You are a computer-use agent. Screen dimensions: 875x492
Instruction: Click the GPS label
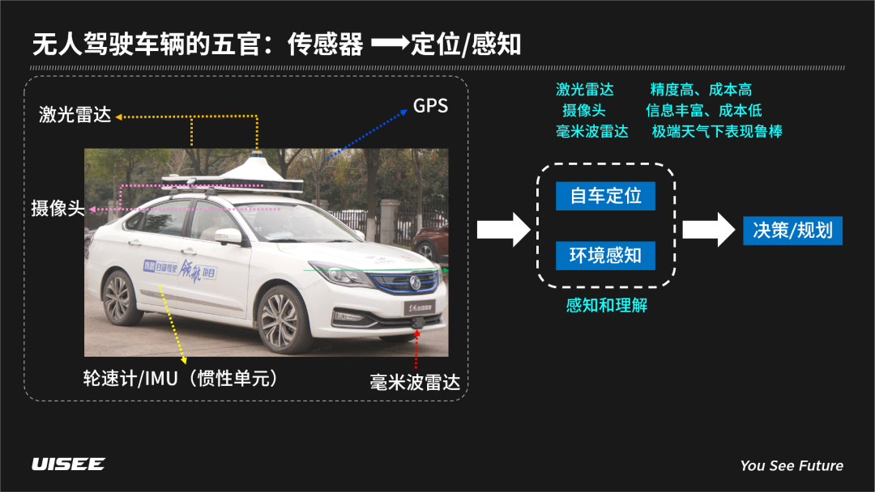430,106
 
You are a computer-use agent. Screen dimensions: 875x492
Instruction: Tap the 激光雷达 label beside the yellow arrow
75,115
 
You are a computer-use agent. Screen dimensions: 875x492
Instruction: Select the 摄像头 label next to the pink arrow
58,208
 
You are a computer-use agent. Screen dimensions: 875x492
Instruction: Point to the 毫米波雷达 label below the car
415,382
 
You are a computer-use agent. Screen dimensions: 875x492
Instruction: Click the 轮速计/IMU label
181,378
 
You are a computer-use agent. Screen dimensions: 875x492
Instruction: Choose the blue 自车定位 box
605,196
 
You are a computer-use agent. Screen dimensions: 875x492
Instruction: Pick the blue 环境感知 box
605,255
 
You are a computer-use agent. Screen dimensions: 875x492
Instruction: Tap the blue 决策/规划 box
792,230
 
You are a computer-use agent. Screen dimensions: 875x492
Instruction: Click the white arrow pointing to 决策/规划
707,230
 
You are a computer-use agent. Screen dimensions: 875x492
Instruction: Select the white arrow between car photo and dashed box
502,230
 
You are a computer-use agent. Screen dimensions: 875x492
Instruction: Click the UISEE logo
68,464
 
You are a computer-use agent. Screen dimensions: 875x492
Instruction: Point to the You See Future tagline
792,465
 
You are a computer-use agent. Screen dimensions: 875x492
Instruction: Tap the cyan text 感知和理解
606,305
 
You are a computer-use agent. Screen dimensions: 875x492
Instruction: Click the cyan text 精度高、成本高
701,90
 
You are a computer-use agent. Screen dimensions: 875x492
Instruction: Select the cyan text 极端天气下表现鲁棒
717,131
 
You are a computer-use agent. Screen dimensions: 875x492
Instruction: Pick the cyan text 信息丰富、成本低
703,110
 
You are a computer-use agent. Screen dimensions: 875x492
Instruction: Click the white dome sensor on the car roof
258,172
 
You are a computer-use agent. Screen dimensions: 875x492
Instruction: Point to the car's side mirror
228,236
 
